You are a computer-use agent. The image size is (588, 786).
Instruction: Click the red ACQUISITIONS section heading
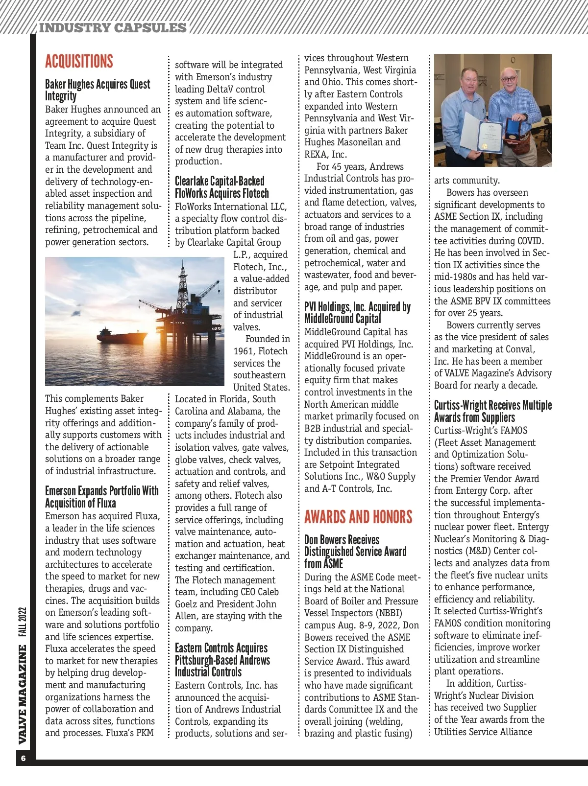(x=79, y=62)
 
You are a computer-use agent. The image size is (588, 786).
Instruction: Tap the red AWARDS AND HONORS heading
(x=358, y=517)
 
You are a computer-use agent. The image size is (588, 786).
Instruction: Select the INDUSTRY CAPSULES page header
(x=113, y=28)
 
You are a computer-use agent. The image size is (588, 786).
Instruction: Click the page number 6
(x=23, y=759)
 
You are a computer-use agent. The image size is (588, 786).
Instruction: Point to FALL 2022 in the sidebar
(x=23, y=622)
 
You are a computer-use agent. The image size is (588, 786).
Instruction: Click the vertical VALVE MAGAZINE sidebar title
(x=23, y=694)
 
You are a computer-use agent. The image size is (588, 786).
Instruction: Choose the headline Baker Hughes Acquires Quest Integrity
(x=98, y=90)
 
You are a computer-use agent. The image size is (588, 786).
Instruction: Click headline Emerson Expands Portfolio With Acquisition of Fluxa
(x=101, y=497)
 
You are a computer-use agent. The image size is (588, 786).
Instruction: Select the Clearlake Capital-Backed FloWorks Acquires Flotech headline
(x=221, y=187)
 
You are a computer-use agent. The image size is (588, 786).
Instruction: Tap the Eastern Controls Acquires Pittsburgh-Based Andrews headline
(x=222, y=660)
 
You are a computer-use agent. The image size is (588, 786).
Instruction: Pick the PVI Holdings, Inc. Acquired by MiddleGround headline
(x=357, y=313)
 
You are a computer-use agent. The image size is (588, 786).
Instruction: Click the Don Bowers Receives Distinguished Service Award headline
(x=355, y=552)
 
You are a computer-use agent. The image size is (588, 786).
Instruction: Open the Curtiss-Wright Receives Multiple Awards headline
(x=492, y=411)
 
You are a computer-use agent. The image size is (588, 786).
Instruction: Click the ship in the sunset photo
(x=115, y=336)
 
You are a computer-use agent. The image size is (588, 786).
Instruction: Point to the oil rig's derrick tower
(x=182, y=279)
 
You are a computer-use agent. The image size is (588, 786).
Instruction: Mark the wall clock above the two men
(x=513, y=60)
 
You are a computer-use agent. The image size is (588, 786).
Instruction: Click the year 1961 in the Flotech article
(x=244, y=351)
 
